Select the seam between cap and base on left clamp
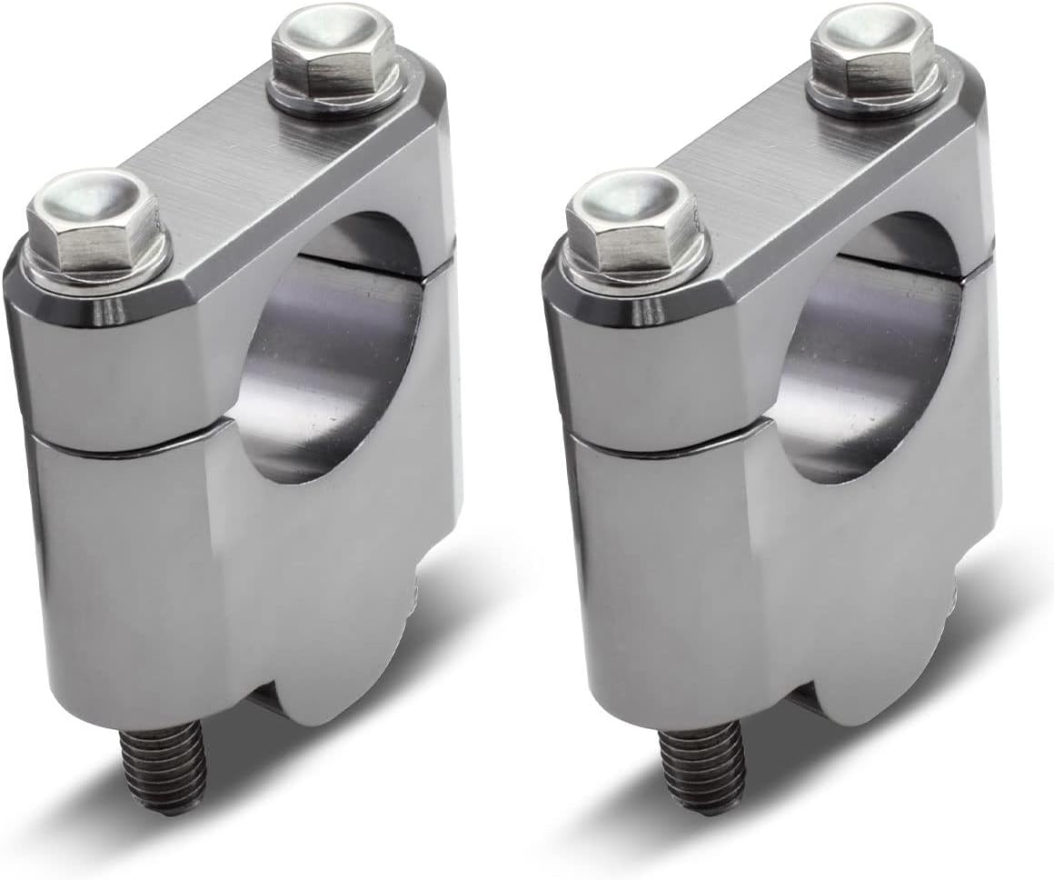118,445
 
